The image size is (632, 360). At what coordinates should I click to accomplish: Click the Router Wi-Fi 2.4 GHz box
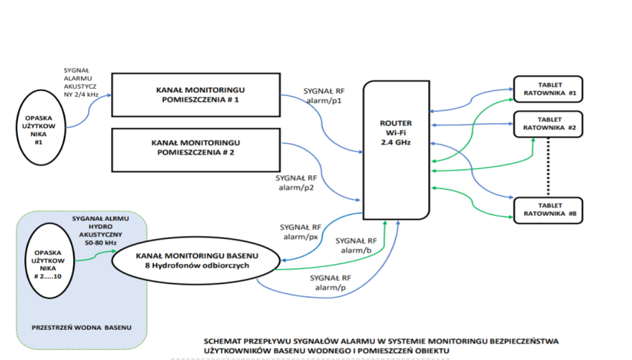[396, 150]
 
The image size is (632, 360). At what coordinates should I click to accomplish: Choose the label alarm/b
[355, 250]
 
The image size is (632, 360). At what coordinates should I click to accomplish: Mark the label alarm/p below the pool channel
[329, 287]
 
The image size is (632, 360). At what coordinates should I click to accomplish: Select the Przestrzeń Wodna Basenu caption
[81, 327]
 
